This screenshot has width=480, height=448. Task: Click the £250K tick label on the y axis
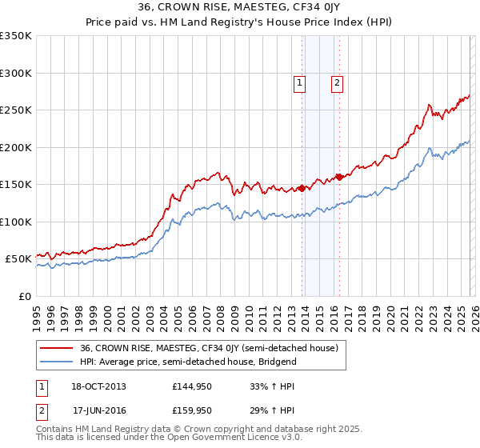[x=16, y=110]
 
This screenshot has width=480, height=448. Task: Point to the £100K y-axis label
[x=16, y=222]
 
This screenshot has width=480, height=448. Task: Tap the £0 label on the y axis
[x=24, y=296]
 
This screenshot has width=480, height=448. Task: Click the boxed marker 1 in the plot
[x=298, y=82]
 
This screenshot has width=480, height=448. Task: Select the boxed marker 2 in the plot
[x=337, y=82]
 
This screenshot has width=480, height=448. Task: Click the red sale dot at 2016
[x=339, y=177]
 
